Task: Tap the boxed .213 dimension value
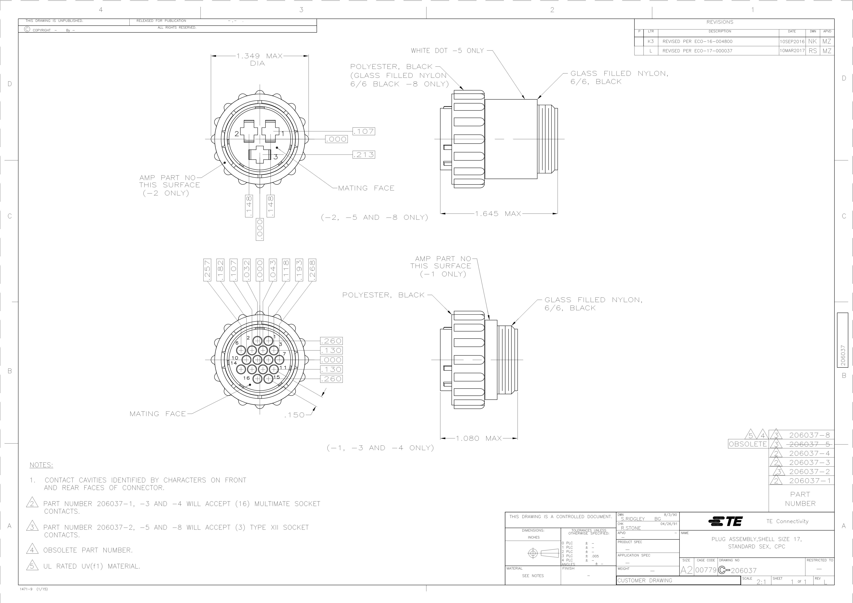coord(364,154)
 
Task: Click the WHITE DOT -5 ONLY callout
coord(447,50)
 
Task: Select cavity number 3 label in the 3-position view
coord(276,157)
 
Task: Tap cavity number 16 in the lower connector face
coord(246,378)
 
